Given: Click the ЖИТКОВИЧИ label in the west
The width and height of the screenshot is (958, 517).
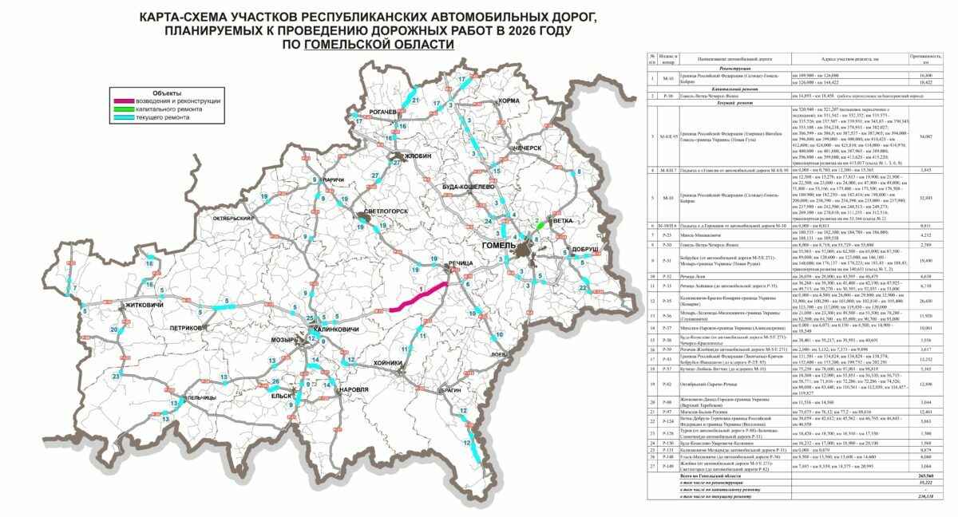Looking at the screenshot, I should coord(79,328).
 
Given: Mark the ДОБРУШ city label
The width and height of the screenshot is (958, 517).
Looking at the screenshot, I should coord(581,250).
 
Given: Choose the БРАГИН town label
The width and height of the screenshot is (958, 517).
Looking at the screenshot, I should coord(449,391).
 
